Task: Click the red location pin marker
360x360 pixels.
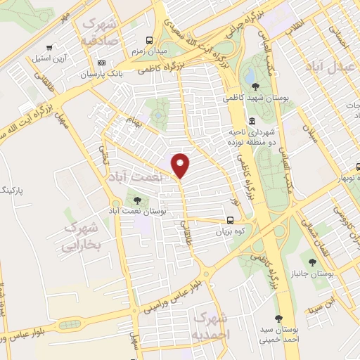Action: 181,165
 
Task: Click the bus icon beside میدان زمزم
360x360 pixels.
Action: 148,40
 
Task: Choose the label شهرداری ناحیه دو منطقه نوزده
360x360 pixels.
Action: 252,136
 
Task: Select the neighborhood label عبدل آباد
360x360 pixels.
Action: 327,66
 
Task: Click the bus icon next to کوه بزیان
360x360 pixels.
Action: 231,219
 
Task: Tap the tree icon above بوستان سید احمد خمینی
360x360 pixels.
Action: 278,318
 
